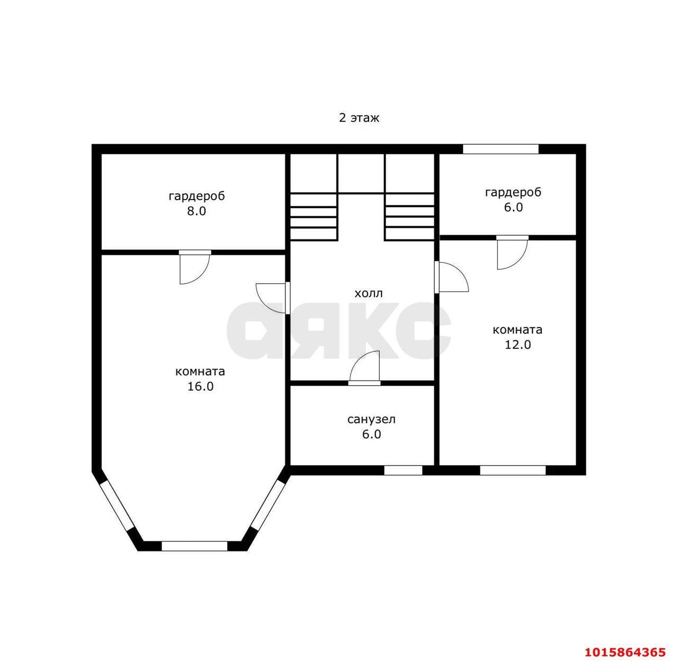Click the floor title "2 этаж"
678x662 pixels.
[359, 118]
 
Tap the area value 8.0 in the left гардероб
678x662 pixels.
[197, 211]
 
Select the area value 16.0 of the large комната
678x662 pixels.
[200, 386]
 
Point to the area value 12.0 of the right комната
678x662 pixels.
[518, 344]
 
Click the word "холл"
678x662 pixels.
[369, 293]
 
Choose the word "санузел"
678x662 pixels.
[371, 420]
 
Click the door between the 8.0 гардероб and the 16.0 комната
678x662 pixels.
[195, 267]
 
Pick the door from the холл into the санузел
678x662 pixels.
[364, 368]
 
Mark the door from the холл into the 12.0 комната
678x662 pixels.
[451, 277]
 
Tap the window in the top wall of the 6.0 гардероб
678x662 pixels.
[501, 149]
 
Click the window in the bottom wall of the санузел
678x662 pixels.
[403, 470]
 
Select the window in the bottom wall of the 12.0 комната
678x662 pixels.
[513, 470]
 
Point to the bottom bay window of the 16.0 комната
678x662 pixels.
[194, 546]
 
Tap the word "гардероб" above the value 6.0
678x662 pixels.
[513, 193]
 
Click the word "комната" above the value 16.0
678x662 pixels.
[200, 371]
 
